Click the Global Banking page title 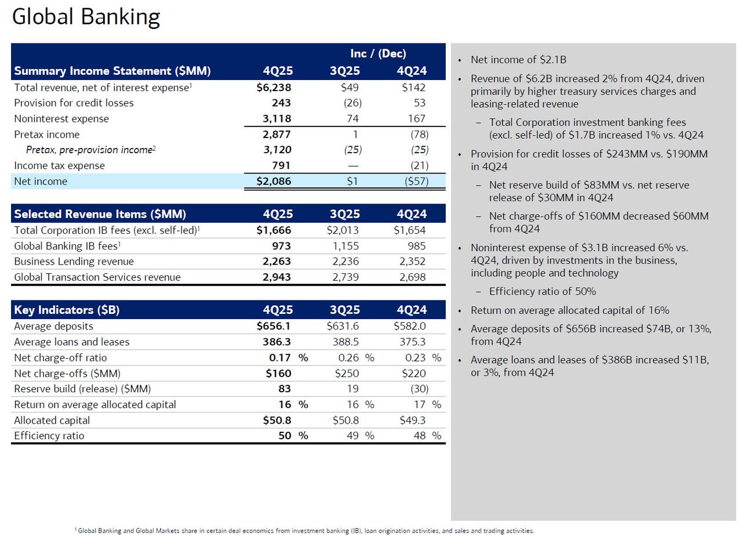click(86, 17)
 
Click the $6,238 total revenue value click(274, 88)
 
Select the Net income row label click(41, 182)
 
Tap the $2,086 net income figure click(274, 182)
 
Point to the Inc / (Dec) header click(378, 53)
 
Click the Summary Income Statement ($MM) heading click(112, 71)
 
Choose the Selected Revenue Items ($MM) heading click(100, 214)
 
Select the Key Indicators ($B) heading click(67, 310)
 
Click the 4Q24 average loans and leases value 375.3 click(413, 342)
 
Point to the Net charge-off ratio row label click(60, 358)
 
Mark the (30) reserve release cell click(419, 389)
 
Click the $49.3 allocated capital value click(413, 420)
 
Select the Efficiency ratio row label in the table click(49, 436)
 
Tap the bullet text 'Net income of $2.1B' click(518, 60)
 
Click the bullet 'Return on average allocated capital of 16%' click(570, 310)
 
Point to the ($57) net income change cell click(416, 182)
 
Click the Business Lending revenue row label click(74, 262)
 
